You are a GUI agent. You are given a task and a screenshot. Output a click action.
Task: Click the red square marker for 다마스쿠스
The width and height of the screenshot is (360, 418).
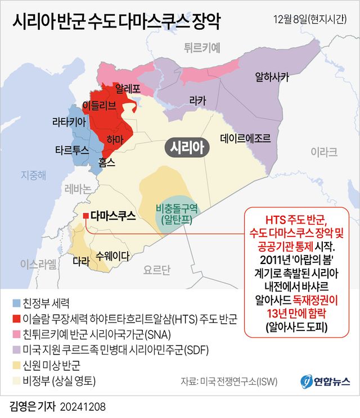click(85, 216)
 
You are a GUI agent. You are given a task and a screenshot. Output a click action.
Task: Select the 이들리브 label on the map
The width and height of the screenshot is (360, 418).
click(99, 104)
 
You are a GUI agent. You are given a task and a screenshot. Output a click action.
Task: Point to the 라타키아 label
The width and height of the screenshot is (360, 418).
click(69, 122)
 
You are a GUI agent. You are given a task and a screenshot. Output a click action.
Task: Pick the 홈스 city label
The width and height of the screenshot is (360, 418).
click(107, 162)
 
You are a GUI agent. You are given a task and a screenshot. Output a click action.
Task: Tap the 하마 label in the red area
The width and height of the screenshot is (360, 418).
click(115, 139)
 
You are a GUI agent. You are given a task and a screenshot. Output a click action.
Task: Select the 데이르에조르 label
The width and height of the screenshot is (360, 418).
click(245, 137)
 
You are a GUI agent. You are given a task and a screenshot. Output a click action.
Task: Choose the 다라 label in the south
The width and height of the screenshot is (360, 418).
click(81, 261)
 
